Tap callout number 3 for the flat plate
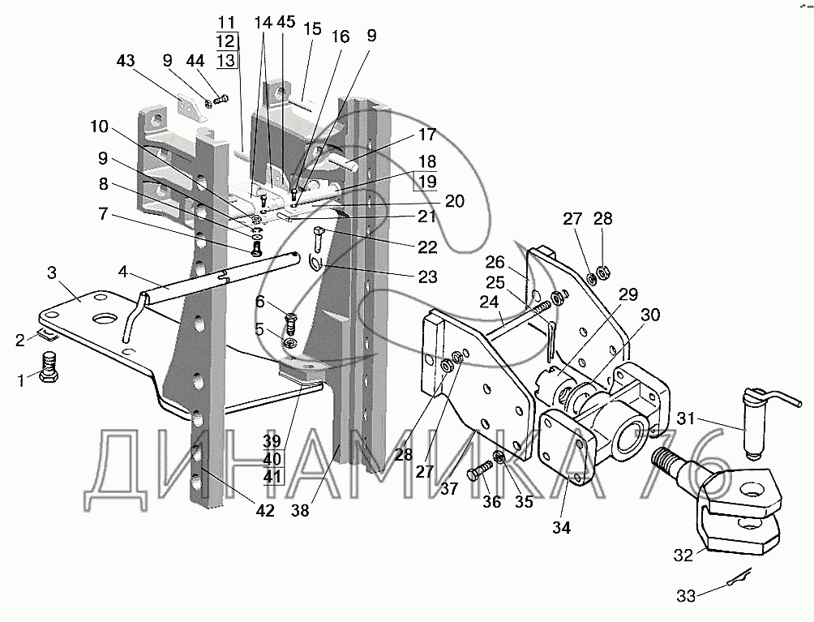[51, 272]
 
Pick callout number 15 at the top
[312, 28]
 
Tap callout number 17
[427, 135]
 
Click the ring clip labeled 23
[318, 261]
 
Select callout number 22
[427, 247]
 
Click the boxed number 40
[272, 458]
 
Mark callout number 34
[562, 527]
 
